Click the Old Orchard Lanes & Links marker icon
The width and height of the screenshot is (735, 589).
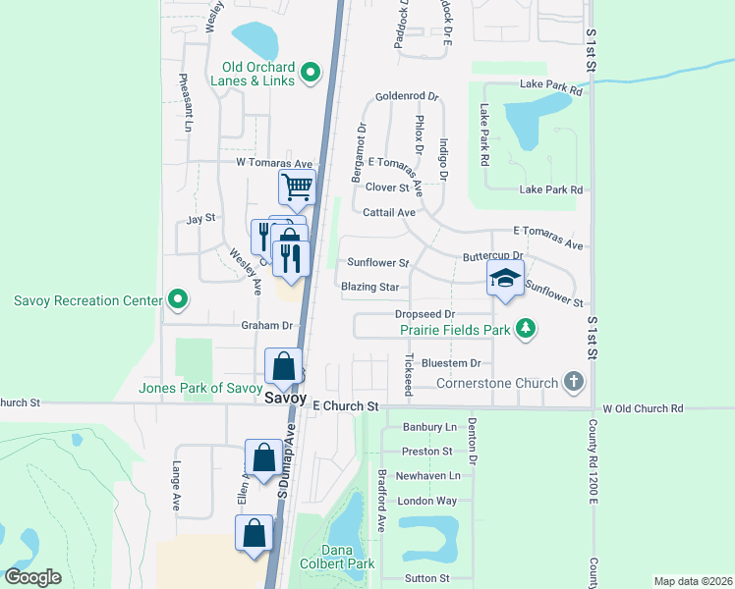(x=311, y=71)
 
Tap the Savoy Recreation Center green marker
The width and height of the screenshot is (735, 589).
(x=177, y=297)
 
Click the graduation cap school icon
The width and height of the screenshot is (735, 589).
(x=505, y=280)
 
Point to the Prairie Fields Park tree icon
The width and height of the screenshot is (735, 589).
(x=526, y=328)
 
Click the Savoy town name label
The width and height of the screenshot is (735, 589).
(x=285, y=398)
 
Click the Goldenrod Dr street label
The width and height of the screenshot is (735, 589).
(x=407, y=98)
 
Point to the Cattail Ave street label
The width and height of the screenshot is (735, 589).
(x=390, y=212)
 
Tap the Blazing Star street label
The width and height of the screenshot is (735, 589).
(x=370, y=287)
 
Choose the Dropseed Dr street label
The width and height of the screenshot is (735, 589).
(x=424, y=314)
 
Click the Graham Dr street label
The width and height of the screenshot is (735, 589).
(x=267, y=325)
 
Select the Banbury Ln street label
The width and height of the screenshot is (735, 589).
(x=431, y=427)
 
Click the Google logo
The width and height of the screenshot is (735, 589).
(x=33, y=577)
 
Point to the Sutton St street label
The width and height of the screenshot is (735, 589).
(x=425, y=579)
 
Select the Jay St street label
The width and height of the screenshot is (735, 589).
(x=200, y=218)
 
